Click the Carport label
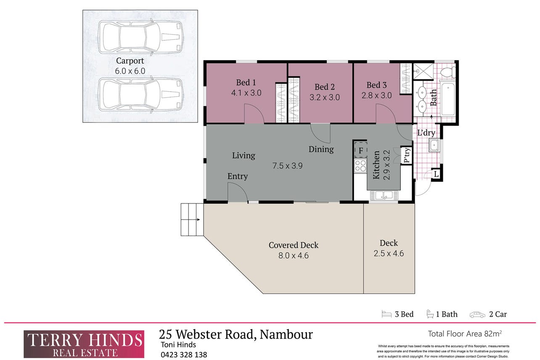[130, 61]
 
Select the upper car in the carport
[140, 37]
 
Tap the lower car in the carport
[140, 95]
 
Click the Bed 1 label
[246, 82]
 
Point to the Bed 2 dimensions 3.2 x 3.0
[324, 97]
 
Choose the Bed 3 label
[376, 85]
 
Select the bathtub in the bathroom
[447, 99]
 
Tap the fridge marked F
[360, 150]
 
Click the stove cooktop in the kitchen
[360, 166]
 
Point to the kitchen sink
[383, 195]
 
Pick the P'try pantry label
[407, 155]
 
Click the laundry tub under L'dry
[434, 146]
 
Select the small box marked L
[436, 174]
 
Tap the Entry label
[238, 176]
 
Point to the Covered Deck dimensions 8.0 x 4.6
[294, 255]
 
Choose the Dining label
[321, 149]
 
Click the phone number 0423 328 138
[184, 354]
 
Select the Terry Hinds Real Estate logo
[84, 344]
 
